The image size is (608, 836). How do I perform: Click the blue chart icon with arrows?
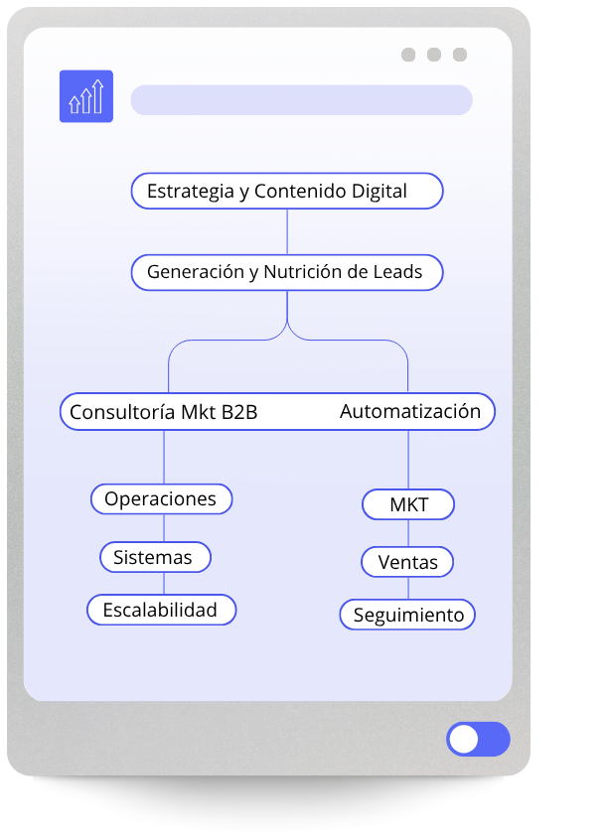click(86, 96)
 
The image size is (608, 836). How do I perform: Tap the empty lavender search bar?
click(301, 100)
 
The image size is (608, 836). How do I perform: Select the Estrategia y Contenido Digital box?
click(286, 192)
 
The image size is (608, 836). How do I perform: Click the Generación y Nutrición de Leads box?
click(286, 272)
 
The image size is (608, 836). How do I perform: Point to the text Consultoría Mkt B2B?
click(163, 412)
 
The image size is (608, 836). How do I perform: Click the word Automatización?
click(410, 411)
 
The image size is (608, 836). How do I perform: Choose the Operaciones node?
click(161, 498)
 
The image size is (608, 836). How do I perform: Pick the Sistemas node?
click(154, 557)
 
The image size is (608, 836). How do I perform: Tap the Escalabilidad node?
click(161, 610)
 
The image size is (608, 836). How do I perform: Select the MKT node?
click(408, 504)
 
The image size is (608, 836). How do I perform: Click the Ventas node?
click(407, 562)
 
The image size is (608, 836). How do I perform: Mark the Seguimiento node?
click(407, 615)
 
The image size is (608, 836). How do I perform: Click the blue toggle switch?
click(478, 740)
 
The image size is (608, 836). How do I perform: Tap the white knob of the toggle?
click(464, 740)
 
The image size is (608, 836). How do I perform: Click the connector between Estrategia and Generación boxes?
click(287, 232)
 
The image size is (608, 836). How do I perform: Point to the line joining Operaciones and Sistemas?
click(164, 528)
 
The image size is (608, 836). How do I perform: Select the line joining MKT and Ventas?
click(408, 533)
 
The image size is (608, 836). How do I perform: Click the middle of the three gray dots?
click(434, 55)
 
